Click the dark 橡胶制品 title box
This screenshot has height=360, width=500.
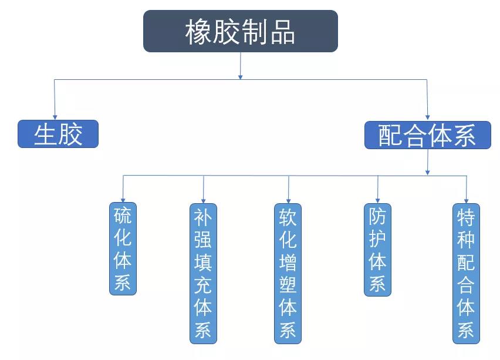pyautogui.click(x=241, y=31)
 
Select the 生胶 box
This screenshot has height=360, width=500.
pyautogui.click(x=58, y=134)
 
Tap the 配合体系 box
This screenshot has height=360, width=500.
pyautogui.click(x=427, y=135)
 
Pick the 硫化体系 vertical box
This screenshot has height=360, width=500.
pyautogui.click(x=123, y=248)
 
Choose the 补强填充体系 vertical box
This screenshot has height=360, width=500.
pyautogui.click(x=203, y=273)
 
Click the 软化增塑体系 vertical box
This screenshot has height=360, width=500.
pyautogui.click(x=288, y=273)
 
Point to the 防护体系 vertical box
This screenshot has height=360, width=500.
pyautogui.click(x=377, y=249)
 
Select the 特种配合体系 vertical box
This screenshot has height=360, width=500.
pyautogui.click(x=466, y=273)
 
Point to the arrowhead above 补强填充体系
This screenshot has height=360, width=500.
pyautogui.click(x=204, y=199)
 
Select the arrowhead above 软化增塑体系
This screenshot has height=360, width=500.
pyautogui.click(x=288, y=199)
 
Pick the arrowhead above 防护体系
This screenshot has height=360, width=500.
pyautogui.click(x=377, y=199)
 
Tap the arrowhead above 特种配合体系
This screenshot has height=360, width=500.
pyautogui.click(x=467, y=199)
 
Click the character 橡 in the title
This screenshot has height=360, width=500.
pyautogui.click(x=198, y=32)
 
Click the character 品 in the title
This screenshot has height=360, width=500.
pyautogui.click(x=283, y=32)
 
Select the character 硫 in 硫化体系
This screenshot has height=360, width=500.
pyautogui.click(x=123, y=216)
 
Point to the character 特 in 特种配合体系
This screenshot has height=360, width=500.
pyautogui.click(x=466, y=218)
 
